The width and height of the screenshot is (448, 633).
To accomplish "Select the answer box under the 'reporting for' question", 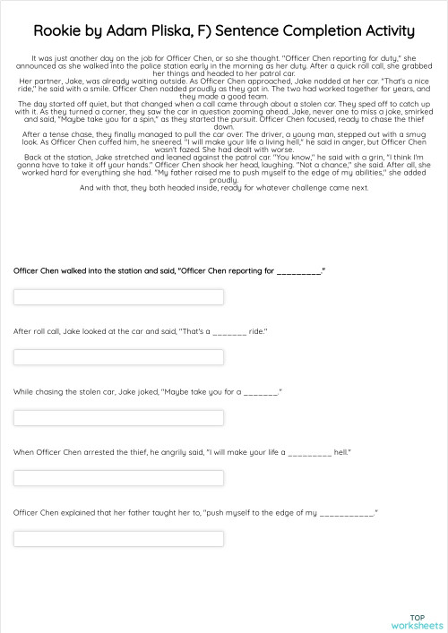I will tap(118, 297).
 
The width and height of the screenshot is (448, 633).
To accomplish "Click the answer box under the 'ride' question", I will tap(118, 357).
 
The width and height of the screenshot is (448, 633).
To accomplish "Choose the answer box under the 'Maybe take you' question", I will tap(118, 418).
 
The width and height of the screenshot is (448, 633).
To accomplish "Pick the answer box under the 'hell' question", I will tap(118, 478).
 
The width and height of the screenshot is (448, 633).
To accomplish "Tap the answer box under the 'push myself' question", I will tap(118, 538).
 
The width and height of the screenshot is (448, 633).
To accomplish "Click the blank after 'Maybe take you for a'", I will tap(260, 392).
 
